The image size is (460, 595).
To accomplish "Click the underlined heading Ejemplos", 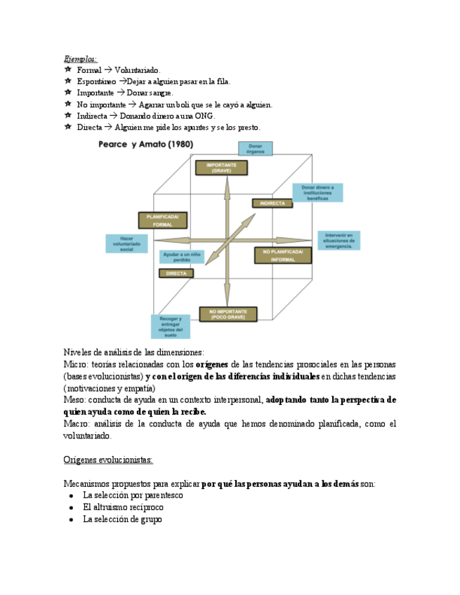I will pyautogui.click(x=80, y=59).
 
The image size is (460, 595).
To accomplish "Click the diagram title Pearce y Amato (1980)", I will pyautogui.click(x=146, y=145).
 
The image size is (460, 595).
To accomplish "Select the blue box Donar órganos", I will pyautogui.click(x=255, y=149).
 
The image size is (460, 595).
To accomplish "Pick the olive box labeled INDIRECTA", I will pyautogui.click(x=272, y=203).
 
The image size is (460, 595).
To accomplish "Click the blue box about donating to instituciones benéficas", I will pyautogui.click(x=317, y=192).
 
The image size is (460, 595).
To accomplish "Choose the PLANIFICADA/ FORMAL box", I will pyautogui.click(x=162, y=220).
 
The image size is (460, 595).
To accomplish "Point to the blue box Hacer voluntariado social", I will pyautogui.click(x=126, y=243).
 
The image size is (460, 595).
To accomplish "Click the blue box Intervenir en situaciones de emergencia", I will pyautogui.click(x=339, y=240).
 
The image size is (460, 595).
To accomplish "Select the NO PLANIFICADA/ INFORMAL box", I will pyautogui.click(x=282, y=255).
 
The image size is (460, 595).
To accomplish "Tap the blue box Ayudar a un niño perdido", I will pyautogui.click(x=181, y=257).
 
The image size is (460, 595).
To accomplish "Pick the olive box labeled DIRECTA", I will pyautogui.click(x=176, y=273).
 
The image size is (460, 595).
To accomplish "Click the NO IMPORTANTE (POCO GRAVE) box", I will pyautogui.click(x=228, y=314).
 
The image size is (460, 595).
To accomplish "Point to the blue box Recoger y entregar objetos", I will pyautogui.click(x=171, y=326).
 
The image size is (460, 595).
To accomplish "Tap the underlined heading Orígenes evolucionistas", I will pyautogui.click(x=108, y=460).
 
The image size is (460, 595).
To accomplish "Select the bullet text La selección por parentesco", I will pyautogui.click(x=133, y=495).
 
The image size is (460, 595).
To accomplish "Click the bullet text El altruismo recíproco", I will pyautogui.click(x=123, y=507).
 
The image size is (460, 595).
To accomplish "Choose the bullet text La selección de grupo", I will pyautogui.click(x=122, y=519).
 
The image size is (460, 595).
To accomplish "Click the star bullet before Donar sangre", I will pyautogui.click(x=67, y=92).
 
